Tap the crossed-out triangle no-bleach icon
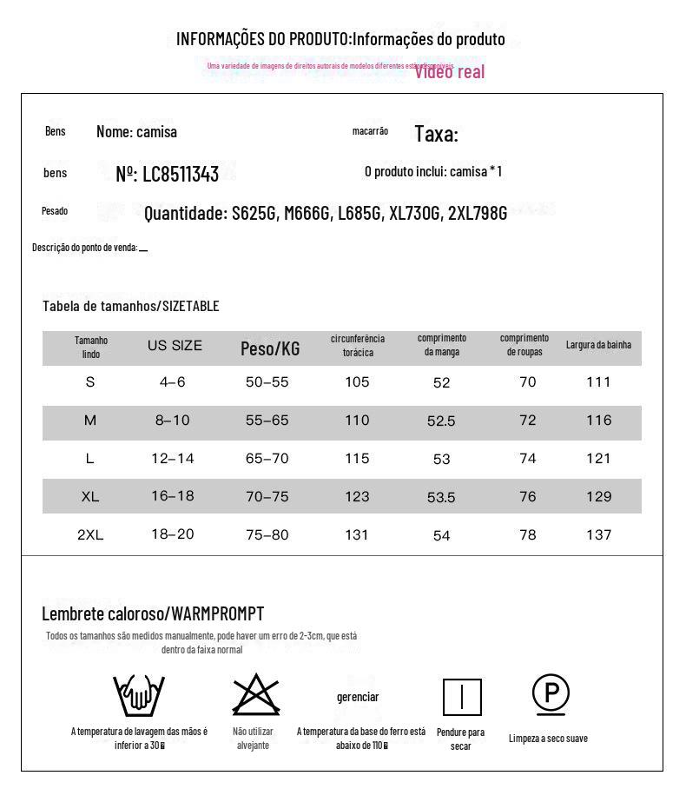255,694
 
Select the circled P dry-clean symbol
551,693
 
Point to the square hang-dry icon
462,697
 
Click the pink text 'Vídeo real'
449,71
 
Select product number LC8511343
168,174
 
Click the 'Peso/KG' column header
270,348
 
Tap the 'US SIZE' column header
175,346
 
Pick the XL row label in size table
90,497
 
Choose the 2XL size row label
90,535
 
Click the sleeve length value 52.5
441,421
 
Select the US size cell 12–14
173,458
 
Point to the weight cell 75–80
267,535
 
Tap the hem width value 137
598,535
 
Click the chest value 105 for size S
357,382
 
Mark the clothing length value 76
527,497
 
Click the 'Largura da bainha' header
598,345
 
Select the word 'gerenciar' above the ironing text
358,697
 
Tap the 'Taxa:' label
436,134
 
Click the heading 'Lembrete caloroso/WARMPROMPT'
153,613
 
